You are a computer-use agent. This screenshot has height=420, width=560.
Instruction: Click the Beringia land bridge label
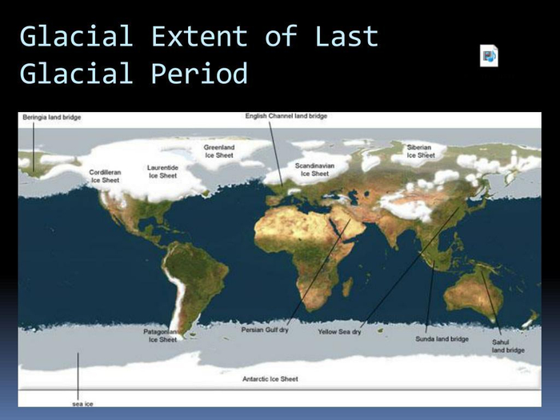(52, 117)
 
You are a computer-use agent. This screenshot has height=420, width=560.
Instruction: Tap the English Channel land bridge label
(286, 116)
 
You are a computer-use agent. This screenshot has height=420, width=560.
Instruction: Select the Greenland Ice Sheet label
(219, 151)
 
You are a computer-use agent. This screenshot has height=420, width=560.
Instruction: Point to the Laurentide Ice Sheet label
(162, 171)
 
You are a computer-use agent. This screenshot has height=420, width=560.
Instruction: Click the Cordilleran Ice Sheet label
(105, 176)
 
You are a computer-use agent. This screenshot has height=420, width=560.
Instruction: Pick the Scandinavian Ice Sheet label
(314, 170)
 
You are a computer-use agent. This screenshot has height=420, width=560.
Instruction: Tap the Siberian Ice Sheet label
(421, 151)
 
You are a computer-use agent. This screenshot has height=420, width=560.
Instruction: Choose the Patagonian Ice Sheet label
(162, 336)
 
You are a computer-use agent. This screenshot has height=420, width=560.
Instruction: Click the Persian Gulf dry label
(265, 330)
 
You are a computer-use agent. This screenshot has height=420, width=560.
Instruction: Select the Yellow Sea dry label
(340, 331)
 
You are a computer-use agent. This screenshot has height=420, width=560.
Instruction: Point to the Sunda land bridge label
(442, 339)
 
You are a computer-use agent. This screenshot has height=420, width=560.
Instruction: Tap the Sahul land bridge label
(508, 346)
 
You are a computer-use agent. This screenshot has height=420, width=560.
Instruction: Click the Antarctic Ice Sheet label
(270, 379)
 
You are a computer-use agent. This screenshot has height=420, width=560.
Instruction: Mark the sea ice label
(82, 404)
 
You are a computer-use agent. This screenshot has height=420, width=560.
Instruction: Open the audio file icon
(489, 56)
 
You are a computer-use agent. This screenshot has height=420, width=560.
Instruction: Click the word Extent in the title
(199, 36)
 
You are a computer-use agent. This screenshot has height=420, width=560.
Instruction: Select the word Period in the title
(199, 74)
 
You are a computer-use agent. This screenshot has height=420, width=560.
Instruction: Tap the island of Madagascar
(347, 286)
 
